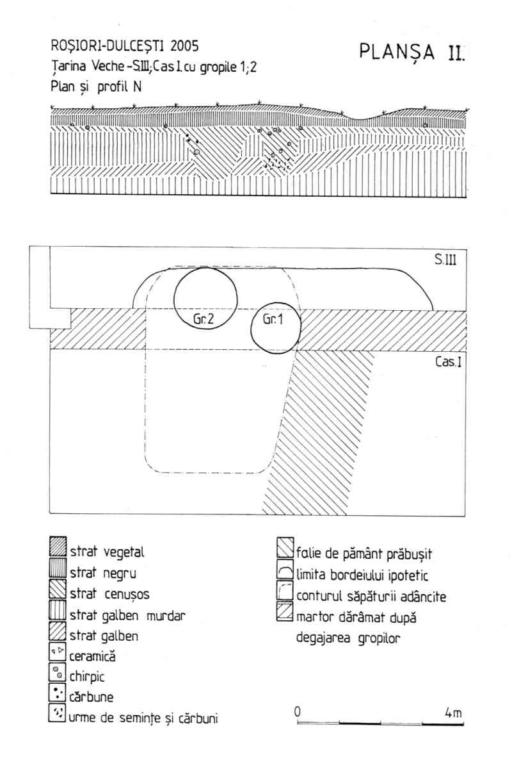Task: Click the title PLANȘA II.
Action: (412, 51)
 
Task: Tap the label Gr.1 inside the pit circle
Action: (273, 320)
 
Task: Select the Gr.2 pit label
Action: (204, 317)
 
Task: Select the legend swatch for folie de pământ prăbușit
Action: (285, 551)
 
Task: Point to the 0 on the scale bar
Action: (298, 711)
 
